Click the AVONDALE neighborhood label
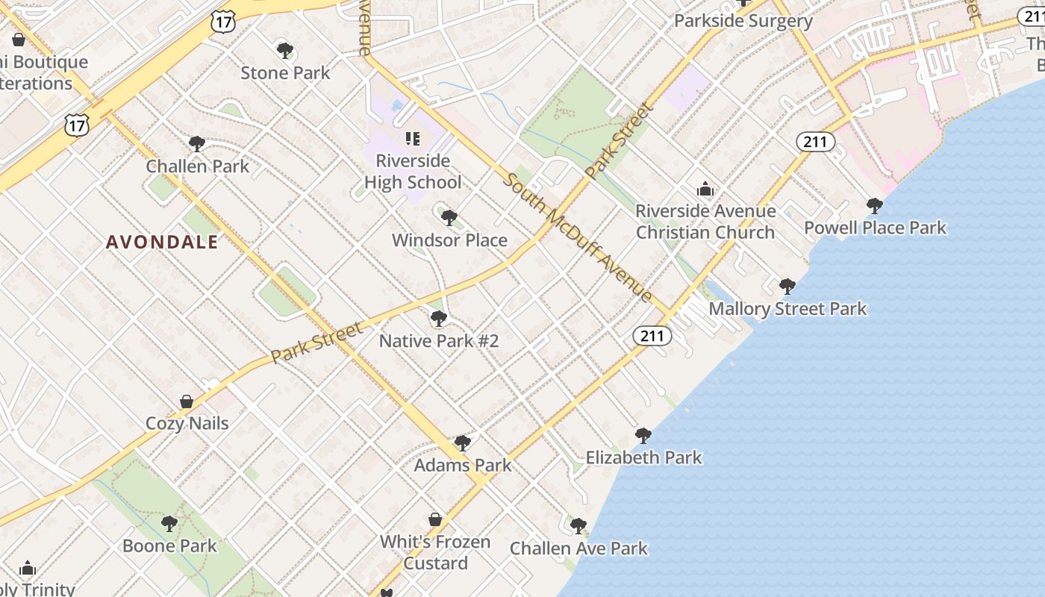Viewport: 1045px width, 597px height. (162, 242)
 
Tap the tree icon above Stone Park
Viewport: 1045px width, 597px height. (284, 51)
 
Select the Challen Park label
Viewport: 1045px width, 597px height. (197, 166)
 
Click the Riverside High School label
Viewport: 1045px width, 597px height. (413, 171)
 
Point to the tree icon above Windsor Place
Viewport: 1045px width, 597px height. (449, 218)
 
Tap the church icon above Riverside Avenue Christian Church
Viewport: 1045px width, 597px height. (705, 190)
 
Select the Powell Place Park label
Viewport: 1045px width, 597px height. (875, 228)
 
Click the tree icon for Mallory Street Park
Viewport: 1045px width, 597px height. (787, 287)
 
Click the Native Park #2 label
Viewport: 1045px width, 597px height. (438, 341)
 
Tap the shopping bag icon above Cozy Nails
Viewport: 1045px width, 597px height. (187, 401)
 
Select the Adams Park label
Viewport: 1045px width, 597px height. (463, 465)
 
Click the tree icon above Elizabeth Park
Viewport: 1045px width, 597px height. (643, 436)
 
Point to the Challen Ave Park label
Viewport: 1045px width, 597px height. (578, 548)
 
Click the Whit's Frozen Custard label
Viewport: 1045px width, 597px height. (435, 552)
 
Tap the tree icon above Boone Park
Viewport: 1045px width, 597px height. (169, 524)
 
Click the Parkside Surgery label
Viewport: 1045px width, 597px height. (743, 21)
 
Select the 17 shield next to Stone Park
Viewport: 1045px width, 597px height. (223, 22)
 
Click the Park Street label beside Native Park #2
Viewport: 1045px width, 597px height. (317, 343)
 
